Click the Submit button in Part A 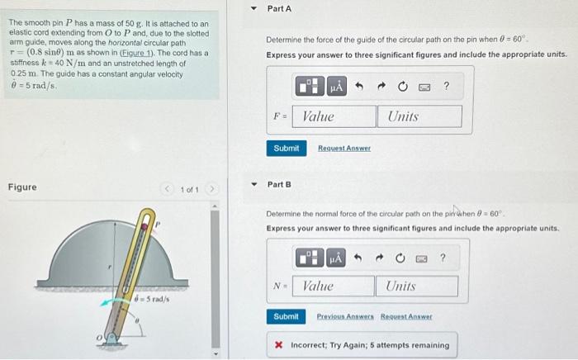(x=286, y=148)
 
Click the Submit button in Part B (x=286, y=317)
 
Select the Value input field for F (x=334, y=116)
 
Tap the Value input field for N (x=334, y=286)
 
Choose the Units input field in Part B (x=416, y=286)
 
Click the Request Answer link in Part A (x=344, y=149)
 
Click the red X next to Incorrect (x=279, y=345)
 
